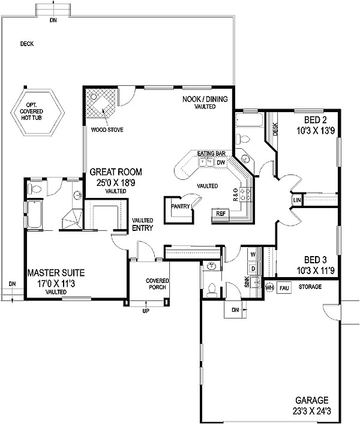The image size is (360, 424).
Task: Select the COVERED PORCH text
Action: coord(158,284)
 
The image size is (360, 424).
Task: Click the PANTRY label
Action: coord(180,206)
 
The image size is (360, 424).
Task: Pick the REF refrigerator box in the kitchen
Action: coord(220,213)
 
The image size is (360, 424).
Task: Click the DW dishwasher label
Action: coord(220,162)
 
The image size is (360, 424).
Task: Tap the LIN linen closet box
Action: coord(297,200)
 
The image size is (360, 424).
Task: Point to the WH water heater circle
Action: coord(270,287)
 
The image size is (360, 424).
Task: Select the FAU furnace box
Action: coord(284,287)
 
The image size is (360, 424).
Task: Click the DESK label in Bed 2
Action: coord(275,129)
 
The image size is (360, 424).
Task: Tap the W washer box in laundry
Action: coord(253,255)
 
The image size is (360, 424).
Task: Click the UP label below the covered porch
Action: coord(145,311)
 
